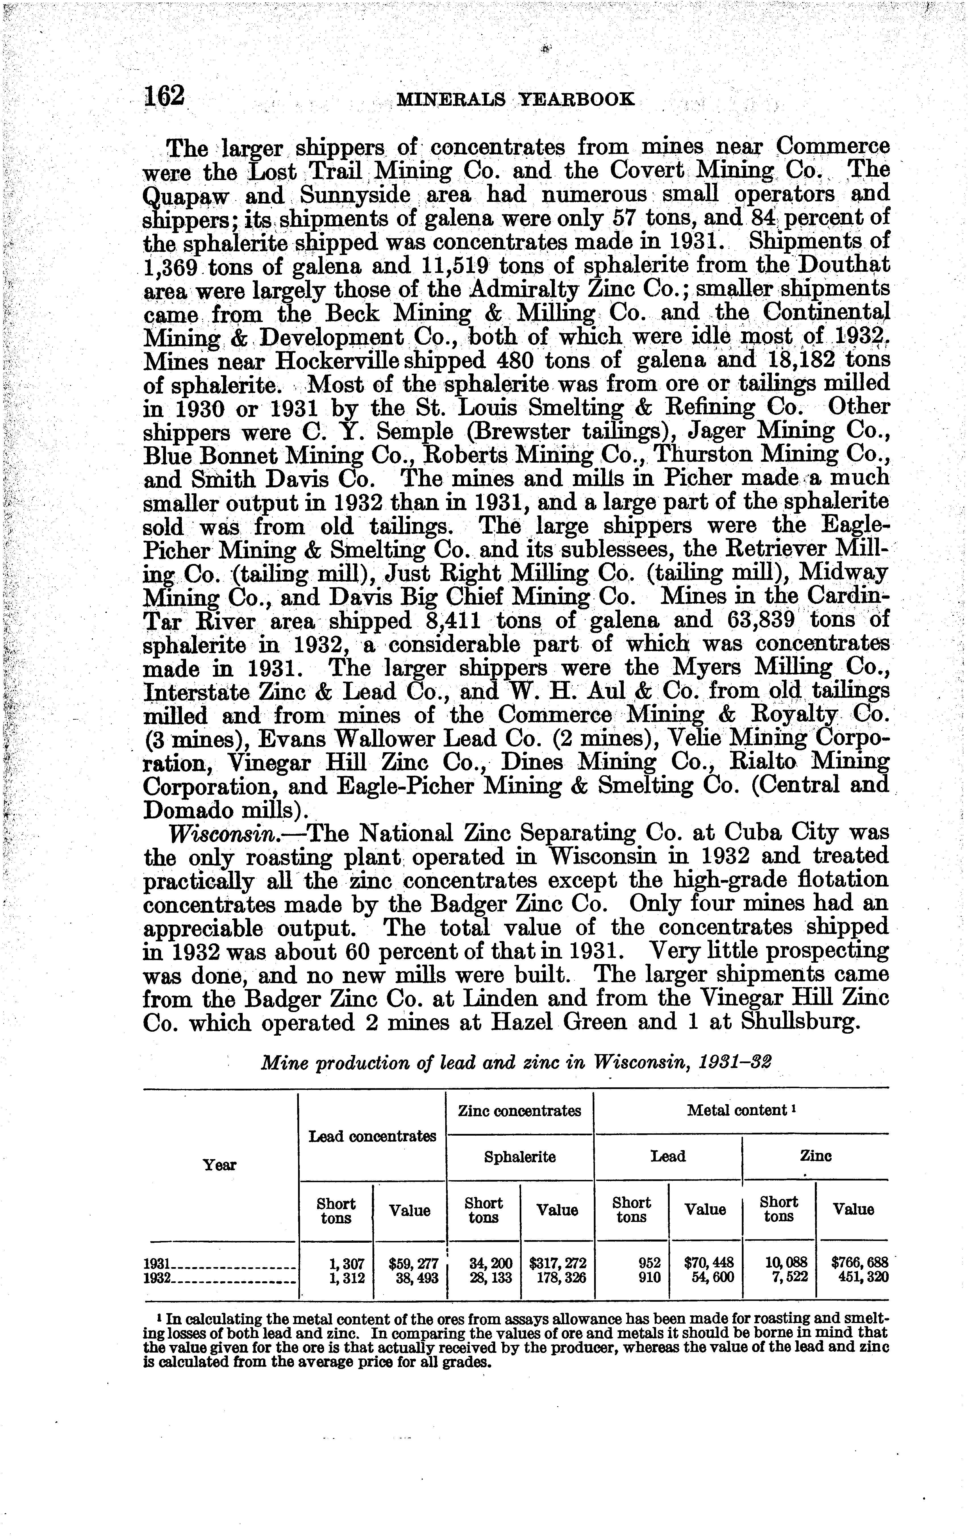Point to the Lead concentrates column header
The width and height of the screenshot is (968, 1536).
372,1136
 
